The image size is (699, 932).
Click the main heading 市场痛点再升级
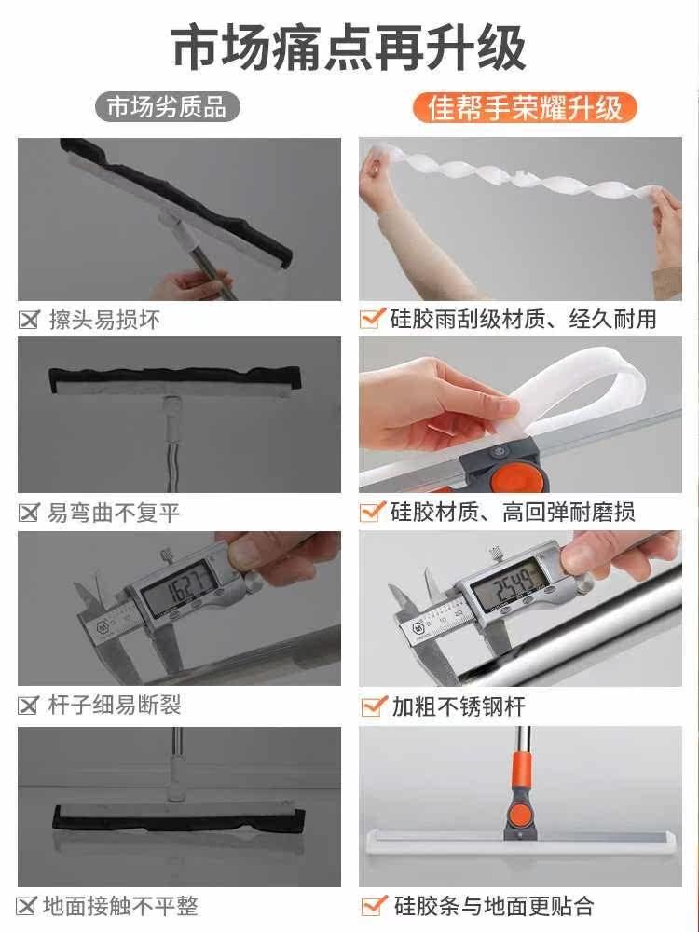tap(349, 48)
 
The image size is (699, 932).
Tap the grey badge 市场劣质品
tap(168, 106)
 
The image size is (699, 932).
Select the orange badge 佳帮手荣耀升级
tap(525, 107)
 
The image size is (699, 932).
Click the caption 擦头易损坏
tap(103, 320)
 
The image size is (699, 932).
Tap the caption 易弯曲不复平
tap(114, 513)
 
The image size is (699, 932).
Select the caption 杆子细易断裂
tap(114, 706)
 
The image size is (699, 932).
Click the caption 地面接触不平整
tap(122, 905)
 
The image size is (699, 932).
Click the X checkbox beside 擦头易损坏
tap(29, 320)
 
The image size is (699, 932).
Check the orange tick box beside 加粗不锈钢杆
tap(373, 705)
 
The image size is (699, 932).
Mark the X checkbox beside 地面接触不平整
tap(29, 905)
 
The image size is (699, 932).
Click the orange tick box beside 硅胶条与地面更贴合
tap(373, 904)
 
